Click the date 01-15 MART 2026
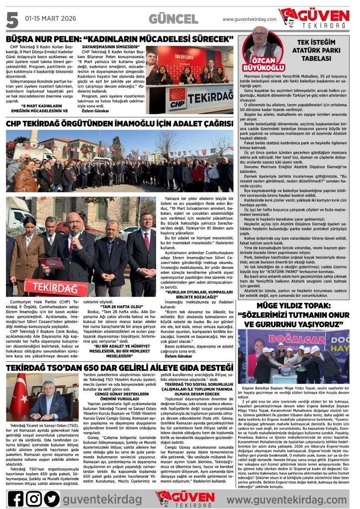[50, 18]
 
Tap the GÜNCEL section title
[173, 19]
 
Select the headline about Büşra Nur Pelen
[120, 38]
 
